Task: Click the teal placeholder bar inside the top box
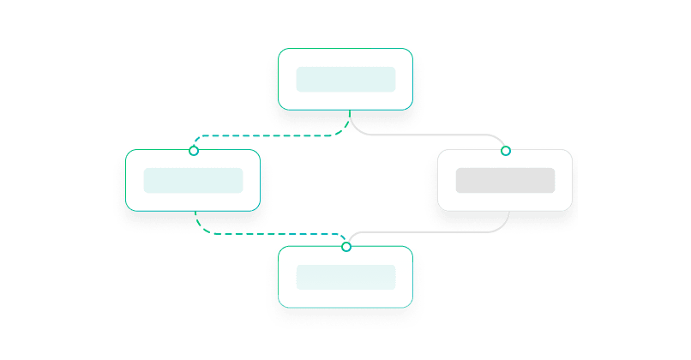pyautogui.click(x=345, y=79)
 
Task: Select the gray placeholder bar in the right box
pyautogui.click(x=505, y=180)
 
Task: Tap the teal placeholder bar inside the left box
pyautogui.click(x=193, y=180)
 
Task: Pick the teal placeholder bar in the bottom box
pyautogui.click(x=345, y=277)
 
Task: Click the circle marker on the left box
pyautogui.click(x=194, y=151)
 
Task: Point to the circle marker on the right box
pyautogui.click(x=505, y=151)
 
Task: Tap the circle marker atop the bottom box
pyautogui.click(x=346, y=247)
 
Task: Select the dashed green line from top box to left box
pyautogui.click(x=266, y=135)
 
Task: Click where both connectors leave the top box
pyautogui.click(x=350, y=111)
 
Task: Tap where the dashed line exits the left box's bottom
pyautogui.click(x=196, y=212)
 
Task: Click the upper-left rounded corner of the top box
pyautogui.click(x=282, y=52)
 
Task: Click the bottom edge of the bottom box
pyautogui.click(x=345, y=307)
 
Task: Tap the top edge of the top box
pyautogui.click(x=345, y=49)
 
